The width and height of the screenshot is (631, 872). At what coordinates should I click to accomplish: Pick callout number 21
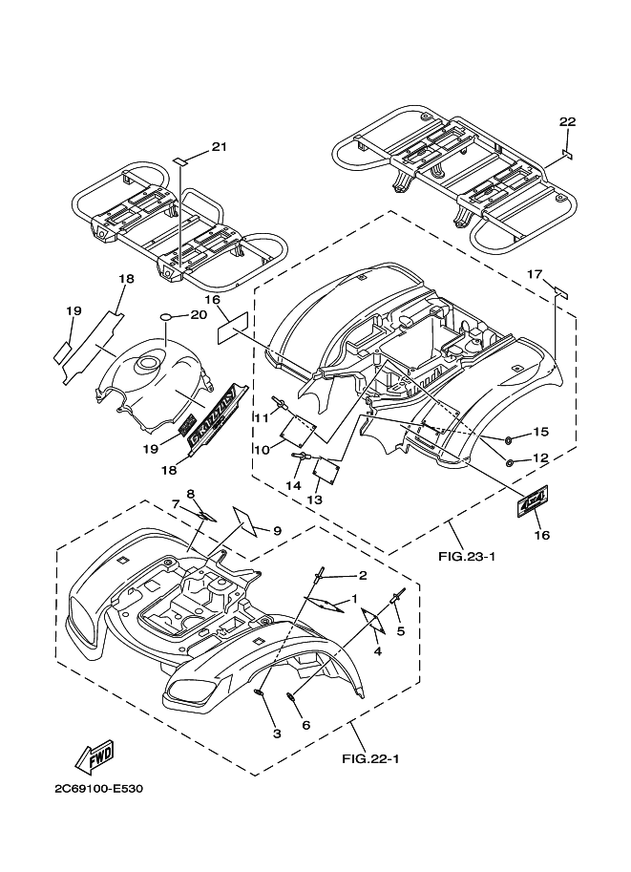(x=219, y=146)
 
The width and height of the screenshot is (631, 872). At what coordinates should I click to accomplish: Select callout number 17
(x=536, y=274)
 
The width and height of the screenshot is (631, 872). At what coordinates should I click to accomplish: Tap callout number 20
(x=199, y=314)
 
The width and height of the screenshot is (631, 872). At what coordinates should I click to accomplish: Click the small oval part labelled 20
(x=165, y=315)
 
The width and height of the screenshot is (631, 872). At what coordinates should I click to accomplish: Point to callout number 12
(x=539, y=458)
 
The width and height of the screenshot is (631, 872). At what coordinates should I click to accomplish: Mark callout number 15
(x=540, y=432)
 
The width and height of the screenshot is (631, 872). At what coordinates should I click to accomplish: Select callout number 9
(x=277, y=530)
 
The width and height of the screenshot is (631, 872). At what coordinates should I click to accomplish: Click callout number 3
(x=277, y=734)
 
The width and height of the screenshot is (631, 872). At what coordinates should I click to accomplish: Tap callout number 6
(x=306, y=725)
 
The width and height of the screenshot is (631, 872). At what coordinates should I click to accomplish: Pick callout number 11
(x=260, y=416)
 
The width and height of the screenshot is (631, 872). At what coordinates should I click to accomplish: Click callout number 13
(x=314, y=499)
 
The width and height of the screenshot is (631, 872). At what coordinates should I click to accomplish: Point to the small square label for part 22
(x=566, y=153)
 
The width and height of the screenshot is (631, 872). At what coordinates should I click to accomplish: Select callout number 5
(x=401, y=630)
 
